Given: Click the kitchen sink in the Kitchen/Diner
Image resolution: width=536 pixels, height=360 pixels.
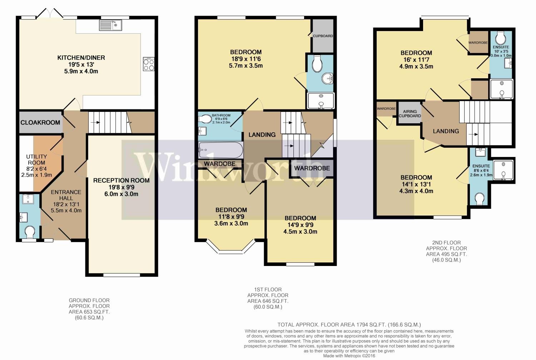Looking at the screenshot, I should click(111, 25).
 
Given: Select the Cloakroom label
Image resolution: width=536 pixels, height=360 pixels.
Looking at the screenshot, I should click(40, 122).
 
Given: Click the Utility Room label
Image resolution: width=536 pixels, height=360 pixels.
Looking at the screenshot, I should click(36, 163).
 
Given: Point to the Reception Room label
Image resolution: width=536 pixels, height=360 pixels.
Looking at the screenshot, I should click(121, 181).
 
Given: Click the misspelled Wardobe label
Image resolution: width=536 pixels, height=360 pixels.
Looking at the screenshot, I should click(219, 164).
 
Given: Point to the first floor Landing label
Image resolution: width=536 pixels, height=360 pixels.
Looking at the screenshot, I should click(262, 134).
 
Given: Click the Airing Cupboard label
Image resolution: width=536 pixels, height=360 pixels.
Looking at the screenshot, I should click(410, 114).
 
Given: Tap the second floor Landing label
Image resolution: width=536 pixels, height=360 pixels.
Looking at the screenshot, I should click(446, 131).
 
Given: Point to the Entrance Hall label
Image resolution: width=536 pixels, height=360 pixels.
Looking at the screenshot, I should click(66, 195).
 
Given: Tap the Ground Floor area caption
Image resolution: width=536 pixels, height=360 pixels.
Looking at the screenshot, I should click(89, 309).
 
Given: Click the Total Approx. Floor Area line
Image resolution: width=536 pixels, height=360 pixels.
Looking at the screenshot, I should click(349, 325).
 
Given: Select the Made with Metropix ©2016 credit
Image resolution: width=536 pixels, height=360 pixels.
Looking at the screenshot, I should click(349, 356).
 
